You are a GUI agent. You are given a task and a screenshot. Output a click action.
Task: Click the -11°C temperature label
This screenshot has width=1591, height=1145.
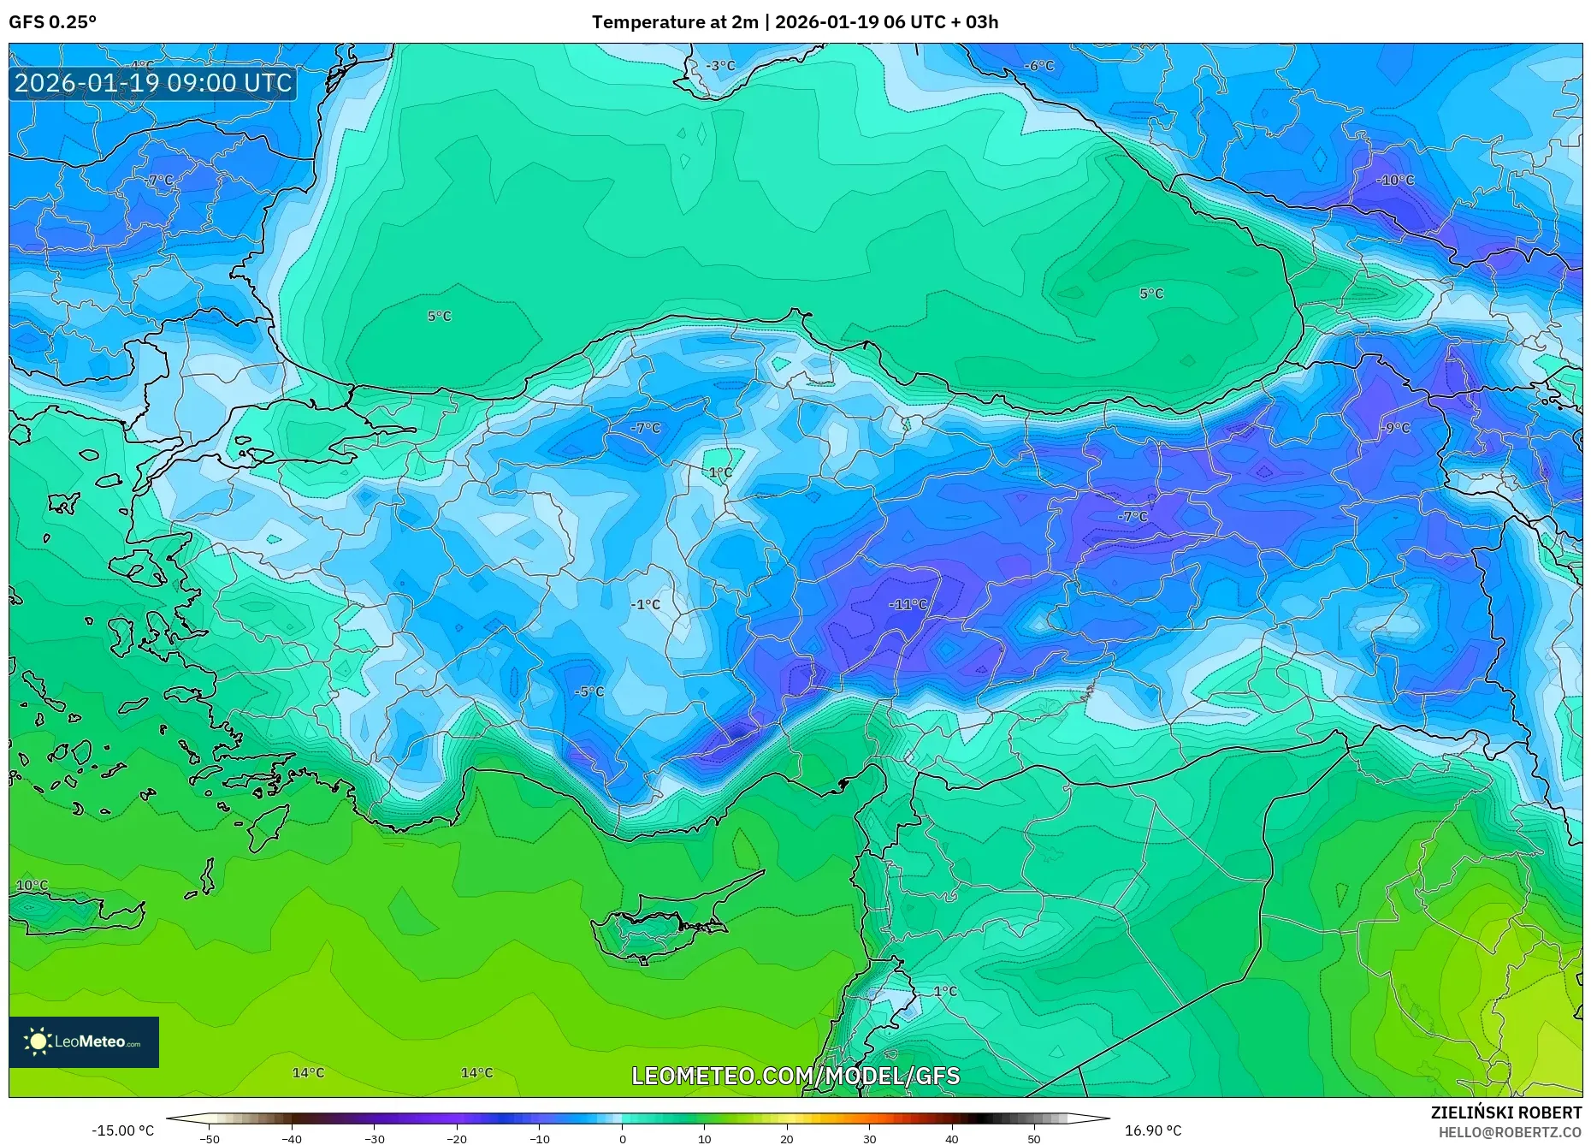click(908, 604)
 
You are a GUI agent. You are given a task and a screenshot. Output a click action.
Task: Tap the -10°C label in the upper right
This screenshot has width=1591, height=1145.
click(1395, 181)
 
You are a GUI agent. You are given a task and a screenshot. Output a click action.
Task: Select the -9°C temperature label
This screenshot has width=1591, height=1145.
click(1395, 428)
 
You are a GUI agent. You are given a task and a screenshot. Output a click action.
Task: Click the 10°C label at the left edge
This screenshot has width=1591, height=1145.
click(33, 885)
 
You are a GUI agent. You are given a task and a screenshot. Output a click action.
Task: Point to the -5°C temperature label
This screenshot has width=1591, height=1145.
click(588, 691)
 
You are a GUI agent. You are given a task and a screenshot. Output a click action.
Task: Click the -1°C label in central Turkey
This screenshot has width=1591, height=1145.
click(646, 604)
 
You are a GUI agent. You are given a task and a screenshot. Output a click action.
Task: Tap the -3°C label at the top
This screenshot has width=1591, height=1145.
click(720, 66)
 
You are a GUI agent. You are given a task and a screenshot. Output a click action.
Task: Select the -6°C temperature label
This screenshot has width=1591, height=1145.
click(1039, 66)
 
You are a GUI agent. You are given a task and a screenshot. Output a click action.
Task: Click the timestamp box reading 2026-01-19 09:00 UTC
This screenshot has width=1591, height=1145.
click(153, 83)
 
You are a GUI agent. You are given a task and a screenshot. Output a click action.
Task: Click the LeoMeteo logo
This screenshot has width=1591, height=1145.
click(84, 1041)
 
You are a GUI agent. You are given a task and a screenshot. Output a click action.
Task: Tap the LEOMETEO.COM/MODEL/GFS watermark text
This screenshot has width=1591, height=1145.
click(795, 1076)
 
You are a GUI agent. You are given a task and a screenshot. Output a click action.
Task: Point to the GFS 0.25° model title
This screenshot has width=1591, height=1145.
click(53, 22)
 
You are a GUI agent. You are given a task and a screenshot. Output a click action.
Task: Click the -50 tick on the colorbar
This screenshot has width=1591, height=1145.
click(210, 1138)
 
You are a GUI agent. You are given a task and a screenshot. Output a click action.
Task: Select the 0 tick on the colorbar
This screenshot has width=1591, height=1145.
click(622, 1138)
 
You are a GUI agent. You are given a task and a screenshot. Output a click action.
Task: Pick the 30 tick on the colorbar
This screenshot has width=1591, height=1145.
click(869, 1138)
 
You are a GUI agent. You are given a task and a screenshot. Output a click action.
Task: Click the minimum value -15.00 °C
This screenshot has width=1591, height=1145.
click(123, 1130)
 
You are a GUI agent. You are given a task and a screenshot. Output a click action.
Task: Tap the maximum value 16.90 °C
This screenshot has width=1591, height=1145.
click(1152, 1130)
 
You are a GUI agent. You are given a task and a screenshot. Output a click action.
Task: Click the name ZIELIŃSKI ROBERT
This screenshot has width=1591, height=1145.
click(1505, 1112)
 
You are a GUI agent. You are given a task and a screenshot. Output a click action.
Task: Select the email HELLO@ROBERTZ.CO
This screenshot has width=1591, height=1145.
click(1509, 1132)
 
